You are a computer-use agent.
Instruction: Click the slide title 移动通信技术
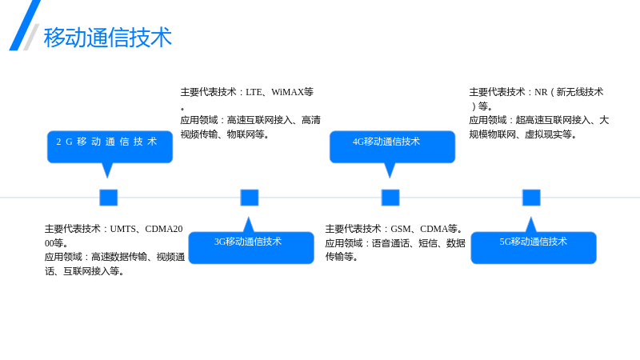pyautogui.click(x=108, y=37)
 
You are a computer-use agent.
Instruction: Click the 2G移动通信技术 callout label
pyautogui.click(x=107, y=142)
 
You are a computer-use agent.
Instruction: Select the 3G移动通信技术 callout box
pyautogui.click(x=251, y=247)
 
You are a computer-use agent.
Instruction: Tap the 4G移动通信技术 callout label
pyautogui.click(x=386, y=142)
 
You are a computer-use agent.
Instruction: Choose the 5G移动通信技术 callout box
pyautogui.click(x=534, y=247)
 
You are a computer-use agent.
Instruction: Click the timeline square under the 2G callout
pyautogui.click(x=109, y=198)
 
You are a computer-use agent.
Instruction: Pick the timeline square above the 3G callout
pyautogui.click(x=250, y=198)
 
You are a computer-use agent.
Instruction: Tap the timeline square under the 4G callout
pyautogui.click(x=390, y=198)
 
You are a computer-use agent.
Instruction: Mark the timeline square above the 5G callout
pyautogui.click(x=531, y=198)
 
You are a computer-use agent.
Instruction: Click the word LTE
pyautogui.click(x=254, y=92)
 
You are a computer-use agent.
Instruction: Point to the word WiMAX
pyautogui.click(x=287, y=92)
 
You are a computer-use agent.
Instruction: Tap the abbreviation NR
pyautogui.click(x=541, y=92)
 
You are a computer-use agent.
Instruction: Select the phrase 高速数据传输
pyautogui.click(x=118, y=257)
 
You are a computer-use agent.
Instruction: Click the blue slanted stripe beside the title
pyautogui.click(x=25, y=26)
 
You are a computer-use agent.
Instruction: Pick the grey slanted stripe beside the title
pyautogui.click(x=31, y=37)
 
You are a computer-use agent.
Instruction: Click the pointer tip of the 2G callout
pyautogui.click(x=107, y=178)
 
